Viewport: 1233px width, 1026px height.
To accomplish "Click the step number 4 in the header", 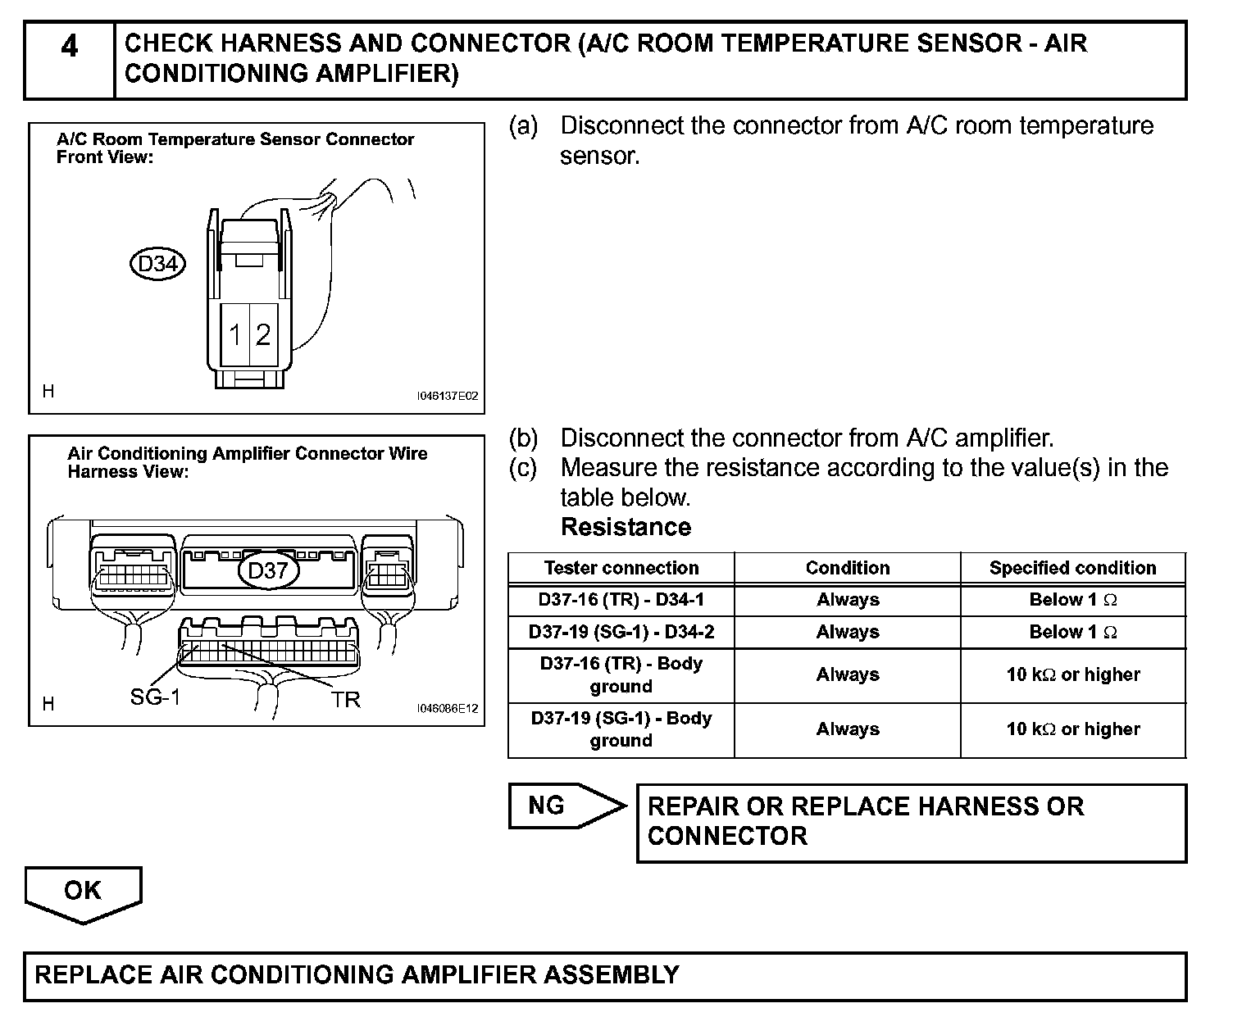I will tap(70, 47).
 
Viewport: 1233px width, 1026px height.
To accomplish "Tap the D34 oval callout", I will tap(157, 264).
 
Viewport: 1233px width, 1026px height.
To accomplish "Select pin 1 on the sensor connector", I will tap(235, 334).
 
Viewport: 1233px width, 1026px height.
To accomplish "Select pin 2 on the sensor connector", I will tap(262, 334).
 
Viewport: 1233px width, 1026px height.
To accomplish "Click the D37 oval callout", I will tap(268, 570).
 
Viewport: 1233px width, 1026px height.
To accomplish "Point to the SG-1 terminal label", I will tap(155, 697).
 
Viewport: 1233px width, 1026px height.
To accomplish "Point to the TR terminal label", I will tap(346, 699).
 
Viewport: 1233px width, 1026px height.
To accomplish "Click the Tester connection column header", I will tap(621, 568).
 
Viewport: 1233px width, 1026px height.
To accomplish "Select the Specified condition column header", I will tap(1072, 568).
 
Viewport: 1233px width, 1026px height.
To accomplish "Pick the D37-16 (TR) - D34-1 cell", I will tap(621, 600).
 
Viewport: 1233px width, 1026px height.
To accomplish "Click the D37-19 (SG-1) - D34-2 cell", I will tap(621, 632).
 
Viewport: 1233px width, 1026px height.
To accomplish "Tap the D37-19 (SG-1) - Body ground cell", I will tap(621, 729).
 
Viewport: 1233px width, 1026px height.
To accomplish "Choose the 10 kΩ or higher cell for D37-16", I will tap(1072, 675).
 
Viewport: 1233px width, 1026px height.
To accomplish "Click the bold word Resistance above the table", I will tap(626, 527).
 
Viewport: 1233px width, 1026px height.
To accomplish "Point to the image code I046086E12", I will tap(447, 709).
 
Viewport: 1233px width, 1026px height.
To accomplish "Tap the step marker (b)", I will tap(523, 438).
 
